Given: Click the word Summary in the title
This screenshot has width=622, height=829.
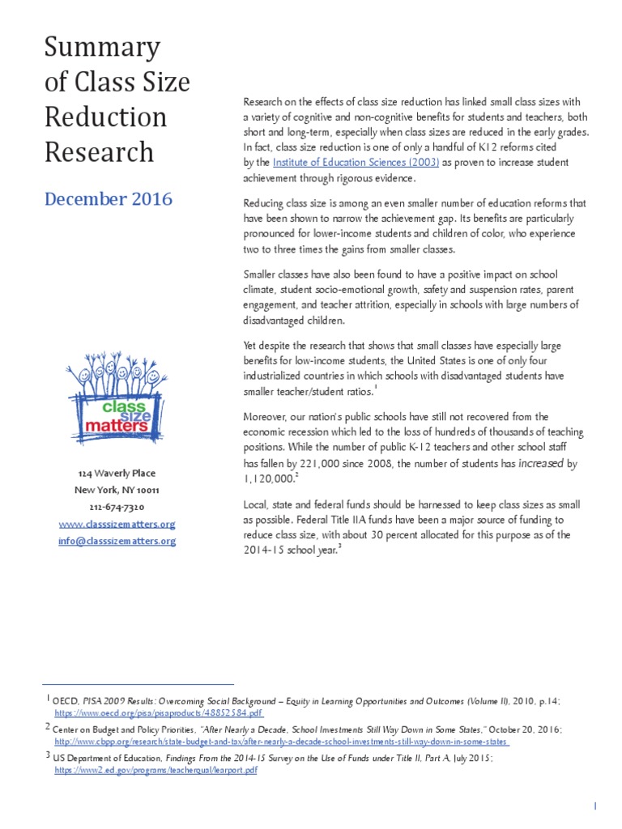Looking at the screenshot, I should (101, 47).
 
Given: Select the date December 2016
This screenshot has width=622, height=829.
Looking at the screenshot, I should (108, 198).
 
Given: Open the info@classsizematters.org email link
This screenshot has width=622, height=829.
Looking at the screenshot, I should (117, 541).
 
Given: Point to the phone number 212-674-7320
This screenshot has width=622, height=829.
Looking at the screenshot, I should (117, 507).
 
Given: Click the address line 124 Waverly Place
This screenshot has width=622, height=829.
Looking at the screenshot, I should (117, 473).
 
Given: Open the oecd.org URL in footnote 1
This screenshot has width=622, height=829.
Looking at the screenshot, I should (159, 713).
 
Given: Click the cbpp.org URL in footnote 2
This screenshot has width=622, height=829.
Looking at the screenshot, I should (282, 742).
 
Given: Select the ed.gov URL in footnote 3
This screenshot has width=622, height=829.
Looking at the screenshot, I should (156, 770).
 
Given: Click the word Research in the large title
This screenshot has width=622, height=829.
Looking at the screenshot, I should (98, 151).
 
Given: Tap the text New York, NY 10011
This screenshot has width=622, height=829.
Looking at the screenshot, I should (117, 490).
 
